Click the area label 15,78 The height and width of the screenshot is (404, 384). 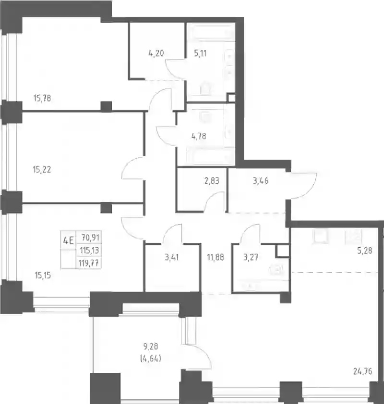(x=42, y=98)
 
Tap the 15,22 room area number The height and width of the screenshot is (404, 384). (x=42, y=169)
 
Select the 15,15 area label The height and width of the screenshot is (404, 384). (x=43, y=276)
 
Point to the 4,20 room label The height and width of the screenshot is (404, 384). (x=156, y=53)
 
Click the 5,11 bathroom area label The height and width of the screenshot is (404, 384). (x=200, y=53)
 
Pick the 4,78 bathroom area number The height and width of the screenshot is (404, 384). (x=199, y=136)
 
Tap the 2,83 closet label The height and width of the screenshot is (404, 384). (x=212, y=181)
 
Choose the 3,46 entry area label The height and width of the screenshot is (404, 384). (x=261, y=181)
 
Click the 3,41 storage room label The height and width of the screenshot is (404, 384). (x=172, y=257)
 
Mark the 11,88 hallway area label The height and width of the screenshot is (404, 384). (x=216, y=257)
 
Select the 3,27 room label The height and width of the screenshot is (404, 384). (x=251, y=257)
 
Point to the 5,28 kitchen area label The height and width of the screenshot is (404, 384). (x=365, y=251)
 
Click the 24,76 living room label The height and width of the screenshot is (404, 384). (x=363, y=371)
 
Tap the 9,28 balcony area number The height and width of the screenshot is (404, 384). (x=151, y=347)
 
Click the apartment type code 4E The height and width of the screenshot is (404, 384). (x=69, y=241)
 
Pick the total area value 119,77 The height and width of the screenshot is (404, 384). (x=89, y=264)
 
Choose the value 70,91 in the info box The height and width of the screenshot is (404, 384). (x=90, y=237)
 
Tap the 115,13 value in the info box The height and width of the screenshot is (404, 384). (x=89, y=250)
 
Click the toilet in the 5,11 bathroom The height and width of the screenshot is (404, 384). (x=205, y=88)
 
